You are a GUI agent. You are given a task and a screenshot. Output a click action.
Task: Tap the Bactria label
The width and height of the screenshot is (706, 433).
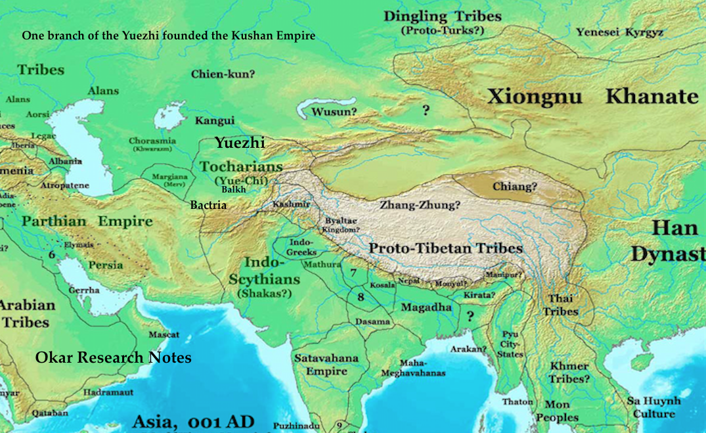pyautogui.click(x=208, y=205)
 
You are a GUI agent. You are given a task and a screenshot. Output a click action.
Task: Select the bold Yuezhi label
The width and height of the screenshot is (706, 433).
pyautogui.click(x=240, y=143)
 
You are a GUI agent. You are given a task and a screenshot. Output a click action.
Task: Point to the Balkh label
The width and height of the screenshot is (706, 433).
pyautogui.click(x=234, y=189)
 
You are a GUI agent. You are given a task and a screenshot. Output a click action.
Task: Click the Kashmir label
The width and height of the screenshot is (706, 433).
pyautogui.click(x=291, y=204)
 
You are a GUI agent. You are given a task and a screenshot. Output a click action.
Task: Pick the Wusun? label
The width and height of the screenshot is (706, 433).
pyautogui.click(x=334, y=112)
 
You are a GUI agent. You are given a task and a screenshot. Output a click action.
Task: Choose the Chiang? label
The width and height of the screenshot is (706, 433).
pyautogui.click(x=516, y=187)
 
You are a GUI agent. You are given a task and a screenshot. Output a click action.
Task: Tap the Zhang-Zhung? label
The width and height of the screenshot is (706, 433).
pyautogui.click(x=420, y=204)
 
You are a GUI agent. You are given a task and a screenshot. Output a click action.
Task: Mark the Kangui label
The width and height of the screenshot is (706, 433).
pyautogui.click(x=215, y=120)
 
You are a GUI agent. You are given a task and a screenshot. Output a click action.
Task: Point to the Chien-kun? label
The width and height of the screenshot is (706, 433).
pyautogui.click(x=223, y=74)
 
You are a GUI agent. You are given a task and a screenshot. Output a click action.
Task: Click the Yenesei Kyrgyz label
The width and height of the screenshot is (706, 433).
pyautogui.click(x=620, y=32)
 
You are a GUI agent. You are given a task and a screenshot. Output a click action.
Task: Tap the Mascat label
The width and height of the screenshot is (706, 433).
pyautogui.click(x=164, y=334)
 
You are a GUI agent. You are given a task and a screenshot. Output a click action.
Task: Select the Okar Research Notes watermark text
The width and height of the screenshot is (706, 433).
pyautogui.click(x=113, y=357)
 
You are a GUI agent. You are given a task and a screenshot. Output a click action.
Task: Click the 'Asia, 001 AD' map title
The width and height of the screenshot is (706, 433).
pyautogui.click(x=192, y=421)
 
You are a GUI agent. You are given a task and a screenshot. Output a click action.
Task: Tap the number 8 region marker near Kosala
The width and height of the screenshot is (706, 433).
pyautogui.click(x=360, y=297)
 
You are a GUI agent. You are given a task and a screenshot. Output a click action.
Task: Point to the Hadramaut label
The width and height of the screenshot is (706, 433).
pyautogui.click(x=108, y=392)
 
